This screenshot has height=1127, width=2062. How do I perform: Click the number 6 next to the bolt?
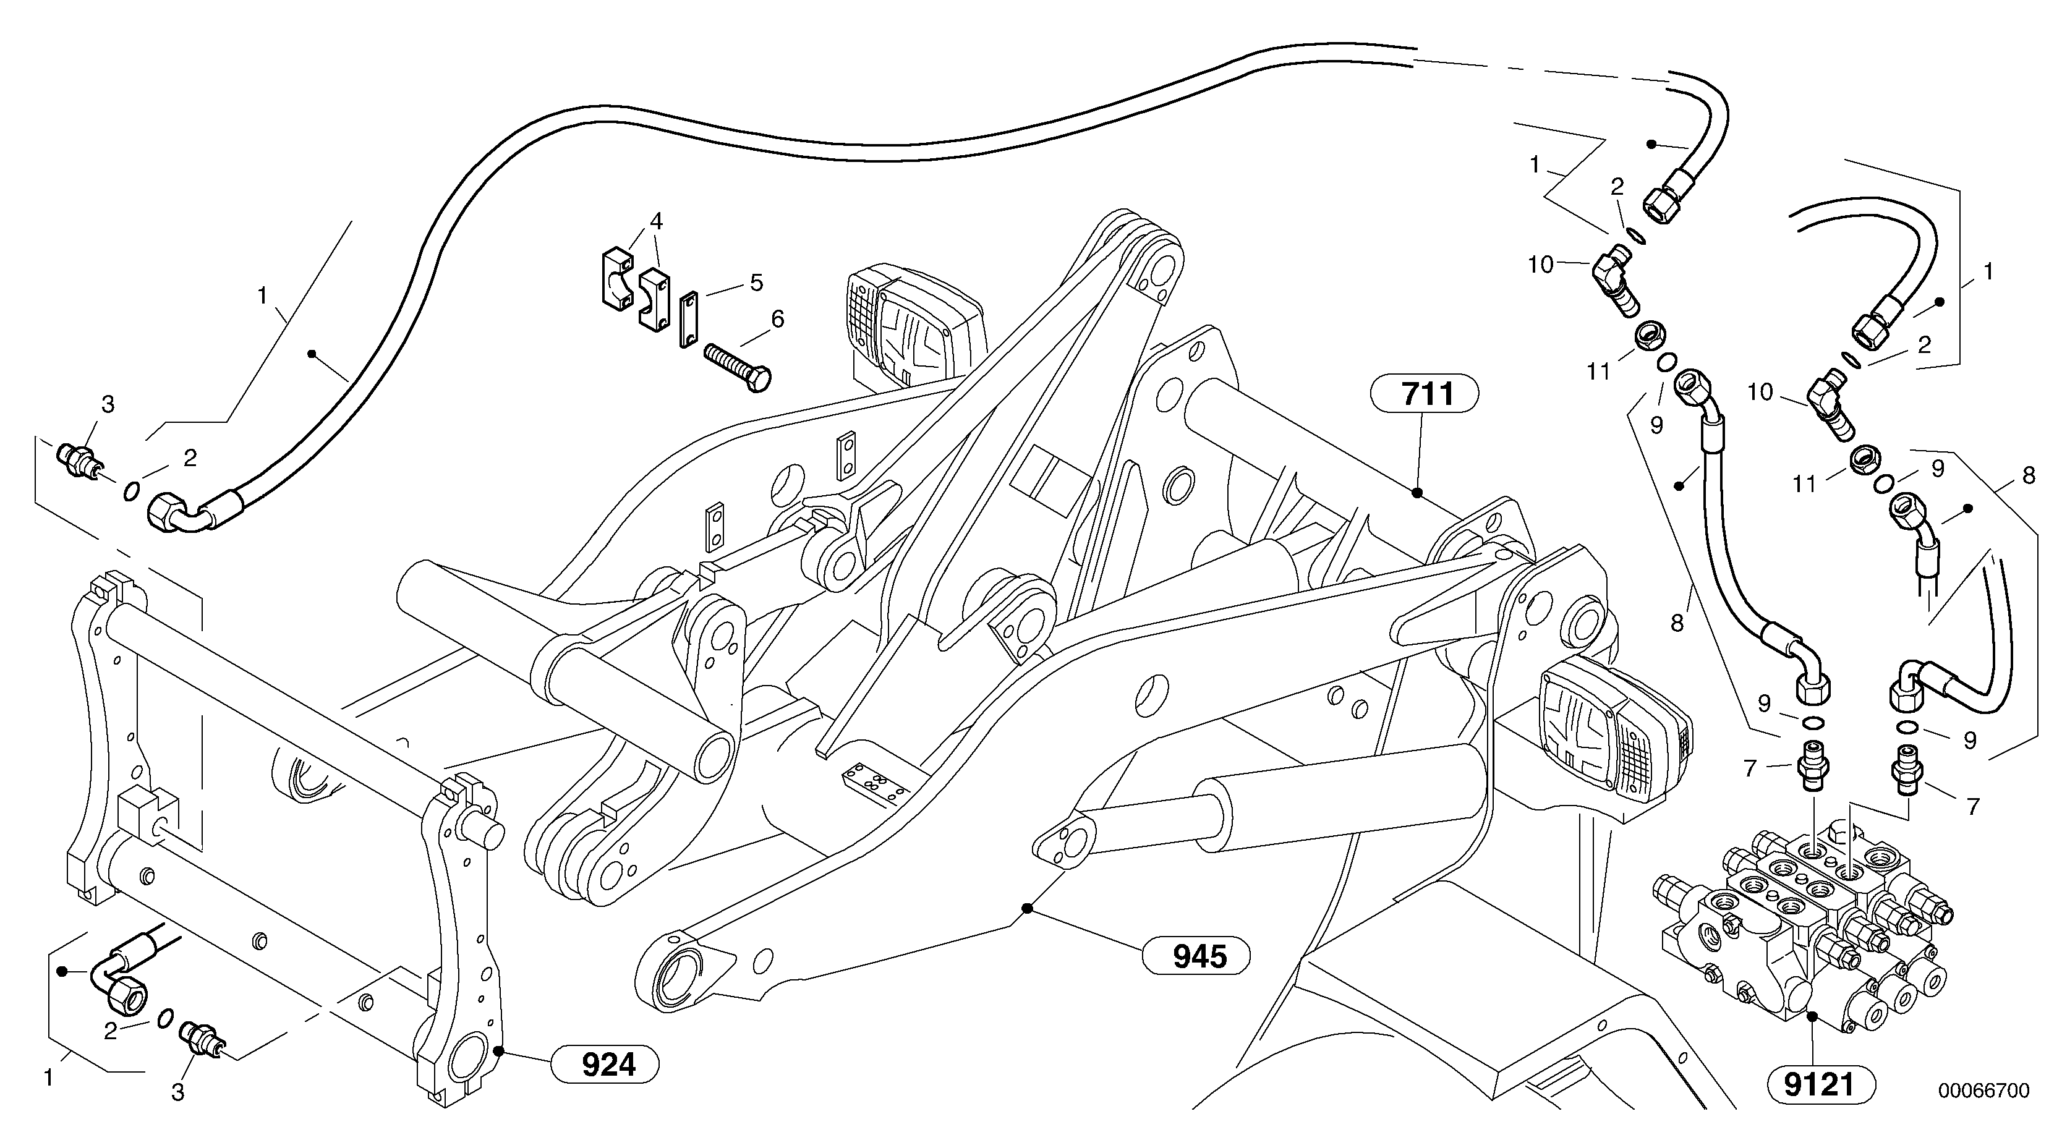(x=777, y=320)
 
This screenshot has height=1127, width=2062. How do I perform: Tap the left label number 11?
(x=1598, y=372)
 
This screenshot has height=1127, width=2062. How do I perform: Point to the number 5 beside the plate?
(x=756, y=283)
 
